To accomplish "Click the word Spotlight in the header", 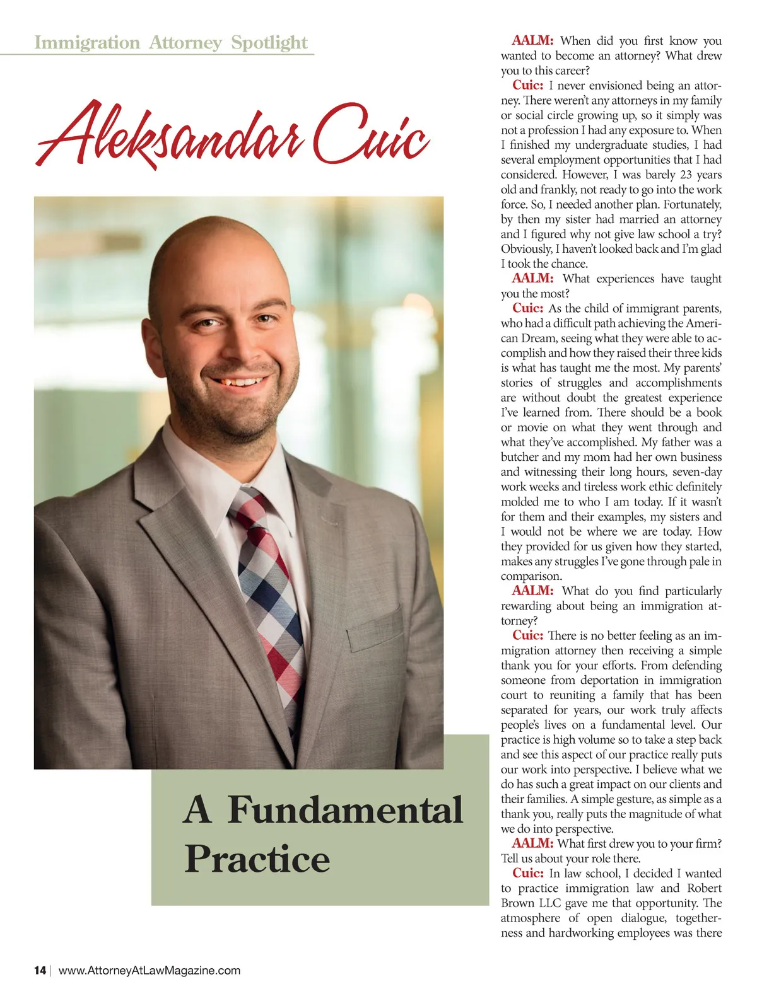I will pos(269,43).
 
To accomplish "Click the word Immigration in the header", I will pos(86,43).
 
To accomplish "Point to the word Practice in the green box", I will pos(257,859).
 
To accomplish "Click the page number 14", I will pos(40,970).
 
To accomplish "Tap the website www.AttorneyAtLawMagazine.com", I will pos(150,970).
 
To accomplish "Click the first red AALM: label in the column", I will pos(532,41).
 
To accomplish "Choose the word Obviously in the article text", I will pos(527,249).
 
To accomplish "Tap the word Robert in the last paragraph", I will pos(704,888).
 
